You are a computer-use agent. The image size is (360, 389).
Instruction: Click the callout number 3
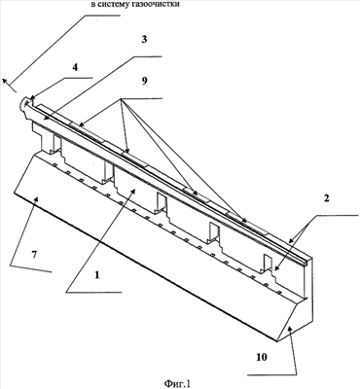click(144, 40)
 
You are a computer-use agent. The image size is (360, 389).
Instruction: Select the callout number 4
click(75, 68)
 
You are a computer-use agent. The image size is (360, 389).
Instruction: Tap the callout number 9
click(144, 81)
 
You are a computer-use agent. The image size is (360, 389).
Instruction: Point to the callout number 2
click(327, 198)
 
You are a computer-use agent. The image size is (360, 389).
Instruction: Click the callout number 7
click(34, 255)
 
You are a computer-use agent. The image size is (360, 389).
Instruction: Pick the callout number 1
click(96, 275)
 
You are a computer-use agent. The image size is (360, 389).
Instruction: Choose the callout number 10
click(262, 357)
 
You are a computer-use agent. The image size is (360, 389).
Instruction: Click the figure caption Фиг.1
click(177, 383)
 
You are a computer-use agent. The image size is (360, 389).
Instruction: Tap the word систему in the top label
click(113, 5)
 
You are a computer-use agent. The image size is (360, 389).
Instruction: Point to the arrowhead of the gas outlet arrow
click(6, 83)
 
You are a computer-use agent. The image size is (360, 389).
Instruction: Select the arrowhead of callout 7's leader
click(37, 200)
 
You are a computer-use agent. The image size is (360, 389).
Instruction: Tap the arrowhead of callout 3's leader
click(44, 120)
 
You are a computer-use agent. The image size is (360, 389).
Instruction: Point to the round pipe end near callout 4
click(26, 103)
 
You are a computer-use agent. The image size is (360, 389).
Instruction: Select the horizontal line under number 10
click(272, 375)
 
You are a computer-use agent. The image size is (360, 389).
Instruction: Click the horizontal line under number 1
click(94, 293)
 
